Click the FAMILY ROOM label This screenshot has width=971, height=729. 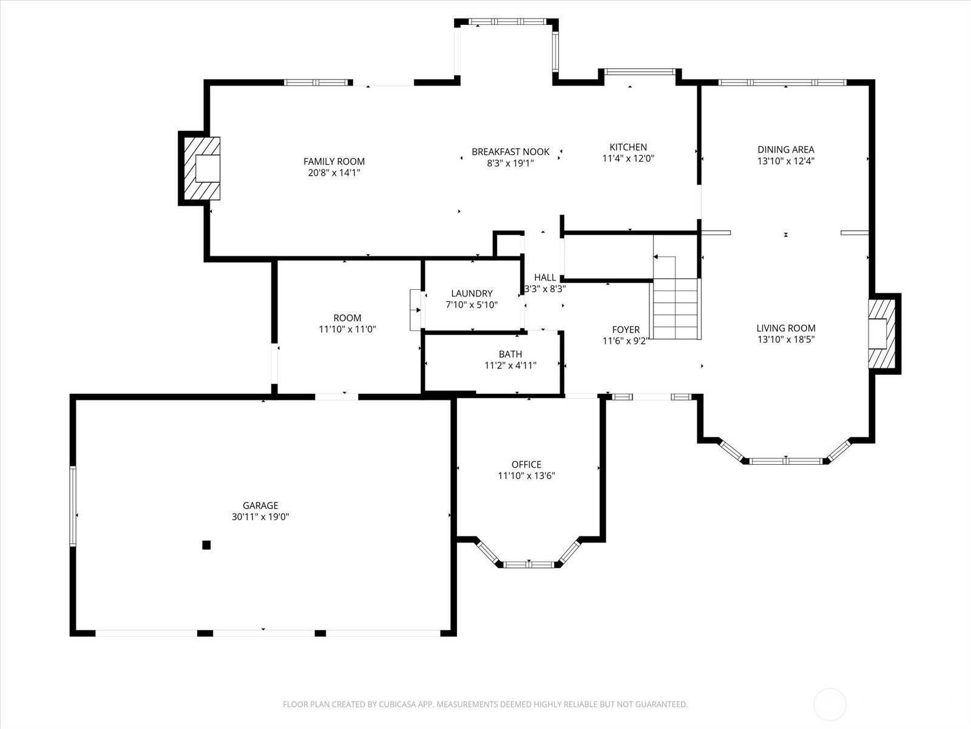334,162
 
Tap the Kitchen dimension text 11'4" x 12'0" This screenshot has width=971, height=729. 628,159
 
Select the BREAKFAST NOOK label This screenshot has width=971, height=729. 510,152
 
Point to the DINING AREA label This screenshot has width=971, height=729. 786,149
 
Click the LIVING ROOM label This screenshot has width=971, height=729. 786,328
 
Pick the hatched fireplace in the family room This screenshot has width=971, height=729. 201,168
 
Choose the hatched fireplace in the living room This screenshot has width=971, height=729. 882,334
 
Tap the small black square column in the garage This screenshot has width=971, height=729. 206,545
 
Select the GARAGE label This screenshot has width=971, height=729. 260,505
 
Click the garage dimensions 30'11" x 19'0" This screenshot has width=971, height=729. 260,517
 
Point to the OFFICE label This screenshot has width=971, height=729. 526,464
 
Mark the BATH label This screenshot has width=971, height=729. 510,354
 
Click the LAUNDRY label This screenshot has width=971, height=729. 472,293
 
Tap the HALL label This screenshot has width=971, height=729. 545,278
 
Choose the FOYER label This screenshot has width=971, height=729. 626,330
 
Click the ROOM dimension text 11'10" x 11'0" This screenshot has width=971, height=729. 347,329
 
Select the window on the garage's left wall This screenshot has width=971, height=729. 73,505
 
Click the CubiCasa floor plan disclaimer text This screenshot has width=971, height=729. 486,703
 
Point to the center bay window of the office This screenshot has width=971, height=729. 529,564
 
